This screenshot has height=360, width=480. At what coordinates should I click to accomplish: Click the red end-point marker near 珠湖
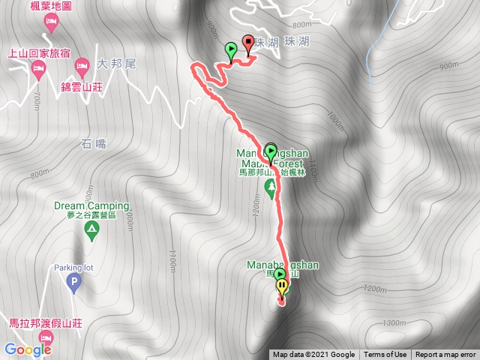coord(248,43)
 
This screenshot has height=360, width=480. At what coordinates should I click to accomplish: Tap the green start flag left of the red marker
coord(231,51)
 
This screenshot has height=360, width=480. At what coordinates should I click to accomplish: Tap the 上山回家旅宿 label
coord(39,53)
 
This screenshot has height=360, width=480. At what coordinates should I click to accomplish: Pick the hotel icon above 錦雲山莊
coord(81,68)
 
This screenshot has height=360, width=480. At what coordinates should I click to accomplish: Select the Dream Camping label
coord(91,205)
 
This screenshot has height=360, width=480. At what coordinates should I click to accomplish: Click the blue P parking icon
coord(73,283)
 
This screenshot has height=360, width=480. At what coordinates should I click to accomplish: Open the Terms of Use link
coord(385,355)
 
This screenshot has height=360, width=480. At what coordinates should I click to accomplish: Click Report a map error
coord(445,355)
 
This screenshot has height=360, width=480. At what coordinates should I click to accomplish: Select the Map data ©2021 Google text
coord(313,355)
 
